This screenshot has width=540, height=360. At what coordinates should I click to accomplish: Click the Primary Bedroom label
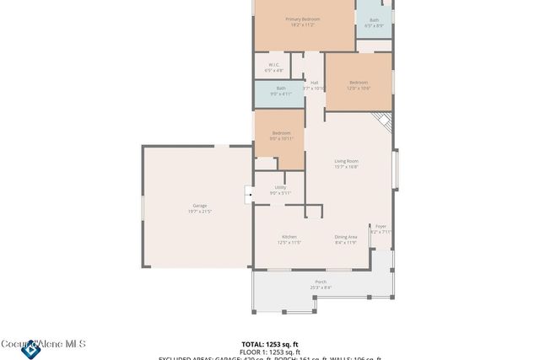[302, 19]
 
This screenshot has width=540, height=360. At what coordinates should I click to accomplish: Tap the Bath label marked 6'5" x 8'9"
[374, 20]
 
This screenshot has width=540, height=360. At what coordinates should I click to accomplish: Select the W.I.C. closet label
[274, 65]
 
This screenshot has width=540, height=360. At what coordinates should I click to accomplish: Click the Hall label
[314, 83]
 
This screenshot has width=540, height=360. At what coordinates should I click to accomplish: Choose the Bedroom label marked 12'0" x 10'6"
[359, 83]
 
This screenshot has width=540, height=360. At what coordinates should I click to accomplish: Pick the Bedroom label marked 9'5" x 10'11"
[281, 133]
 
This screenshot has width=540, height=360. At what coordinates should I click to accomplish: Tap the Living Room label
[346, 161]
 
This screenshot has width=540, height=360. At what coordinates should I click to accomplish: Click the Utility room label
[280, 188]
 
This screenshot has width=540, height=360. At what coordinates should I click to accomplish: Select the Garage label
[200, 206]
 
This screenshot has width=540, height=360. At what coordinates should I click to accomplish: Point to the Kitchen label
[289, 237]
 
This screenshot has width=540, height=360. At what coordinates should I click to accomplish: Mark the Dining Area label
[345, 237]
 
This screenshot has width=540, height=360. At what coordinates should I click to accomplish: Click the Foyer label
[381, 226]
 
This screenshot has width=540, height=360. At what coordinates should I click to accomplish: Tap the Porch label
[321, 282]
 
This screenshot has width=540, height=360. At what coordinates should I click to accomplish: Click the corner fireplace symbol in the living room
[385, 121]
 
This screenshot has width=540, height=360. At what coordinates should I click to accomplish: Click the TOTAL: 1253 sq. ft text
[270, 344]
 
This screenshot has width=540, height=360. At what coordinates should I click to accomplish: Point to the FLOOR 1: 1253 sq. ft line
[270, 352]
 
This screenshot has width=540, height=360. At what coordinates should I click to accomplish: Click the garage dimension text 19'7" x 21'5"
[200, 212]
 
